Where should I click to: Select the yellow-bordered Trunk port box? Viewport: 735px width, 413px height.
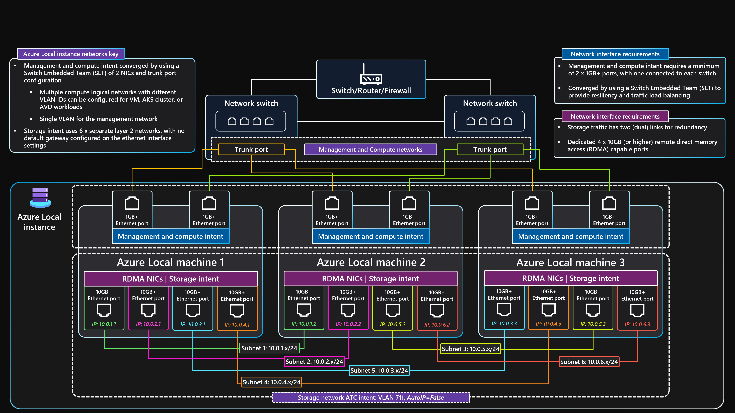tap(251, 149)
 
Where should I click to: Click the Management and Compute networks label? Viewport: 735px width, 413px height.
tap(370, 149)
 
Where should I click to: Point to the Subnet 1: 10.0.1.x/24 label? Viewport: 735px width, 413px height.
tap(269, 348)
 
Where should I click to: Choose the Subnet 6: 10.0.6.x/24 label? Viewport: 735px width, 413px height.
tap(589, 362)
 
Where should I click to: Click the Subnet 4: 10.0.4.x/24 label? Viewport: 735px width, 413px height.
tap(271, 382)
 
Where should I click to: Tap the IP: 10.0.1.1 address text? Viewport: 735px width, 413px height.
tap(104, 324)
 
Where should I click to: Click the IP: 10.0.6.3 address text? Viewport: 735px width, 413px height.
tap(637, 324)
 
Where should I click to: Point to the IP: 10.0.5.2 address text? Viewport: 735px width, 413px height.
tap(393, 324)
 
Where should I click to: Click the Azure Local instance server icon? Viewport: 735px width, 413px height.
tap(40, 197)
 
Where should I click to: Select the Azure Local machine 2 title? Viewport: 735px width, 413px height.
tap(371, 262)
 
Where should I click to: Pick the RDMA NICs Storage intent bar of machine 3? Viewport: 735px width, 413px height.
tap(571, 279)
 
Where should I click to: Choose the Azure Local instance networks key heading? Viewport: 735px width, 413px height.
tap(71, 54)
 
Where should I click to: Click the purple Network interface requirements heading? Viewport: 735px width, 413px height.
tap(615, 116)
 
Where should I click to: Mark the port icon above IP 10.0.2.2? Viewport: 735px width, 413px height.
tap(348, 310)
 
